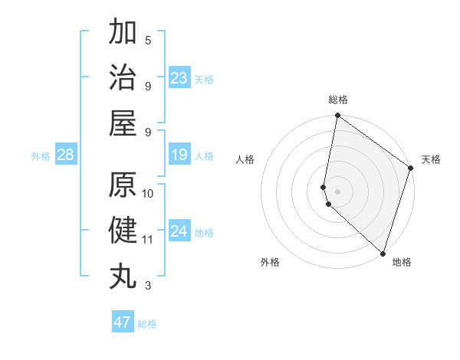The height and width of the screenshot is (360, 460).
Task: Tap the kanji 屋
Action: pyautogui.click(x=123, y=123)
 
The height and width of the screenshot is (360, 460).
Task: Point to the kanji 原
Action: pyautogui.click(x=123, y=185)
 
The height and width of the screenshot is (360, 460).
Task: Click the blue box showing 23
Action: pyautogui.click(x=179, y=78)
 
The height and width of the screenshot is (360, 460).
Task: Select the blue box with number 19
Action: pyautogui.click(x=179, y=155)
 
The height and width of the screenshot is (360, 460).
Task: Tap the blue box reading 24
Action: pyautogui.click(x=179, y=231)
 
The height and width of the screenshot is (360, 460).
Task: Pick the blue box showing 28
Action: pyautogui.click(x=66, y=155)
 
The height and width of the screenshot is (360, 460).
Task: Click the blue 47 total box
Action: pyautogui.click(x=123, y=322)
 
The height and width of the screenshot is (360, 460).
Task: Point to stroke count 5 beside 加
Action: pyautogui.click(x=148, y=40)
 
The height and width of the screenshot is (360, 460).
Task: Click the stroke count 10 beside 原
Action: pyautogui.click(x=148, y=193)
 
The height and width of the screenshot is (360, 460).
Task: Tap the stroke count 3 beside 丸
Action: pyautogui.click(x=148, y=286)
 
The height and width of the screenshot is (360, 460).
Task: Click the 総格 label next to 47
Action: pyautogui.click(x=147, y=324)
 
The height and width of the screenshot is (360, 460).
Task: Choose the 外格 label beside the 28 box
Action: pyautogui.click(x=41, y=156)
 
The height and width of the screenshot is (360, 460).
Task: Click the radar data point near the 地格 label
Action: pyautogui.click(x=383, y=254)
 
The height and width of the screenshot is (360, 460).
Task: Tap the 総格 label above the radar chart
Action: pyautogui.click(x=338, y=100)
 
